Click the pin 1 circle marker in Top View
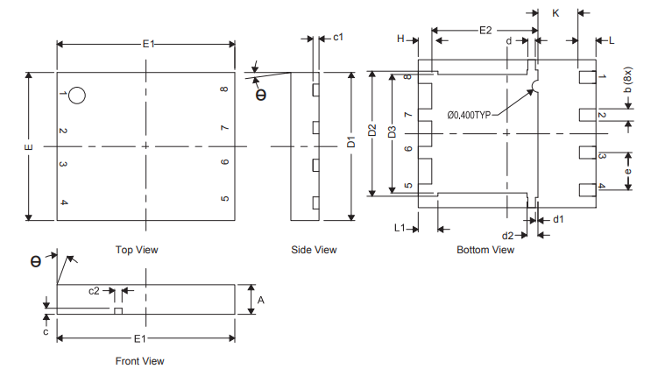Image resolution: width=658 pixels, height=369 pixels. coord(77,96)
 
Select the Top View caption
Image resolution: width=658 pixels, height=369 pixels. coord(137,250)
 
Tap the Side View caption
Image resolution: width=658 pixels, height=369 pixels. coord(314,250)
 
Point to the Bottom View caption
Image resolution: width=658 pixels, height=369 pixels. coord(485,250)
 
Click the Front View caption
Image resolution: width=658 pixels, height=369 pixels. coord(139,360)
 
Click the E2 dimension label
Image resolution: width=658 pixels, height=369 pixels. coord(485,30)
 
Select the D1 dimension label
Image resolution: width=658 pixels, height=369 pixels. coord(350,141)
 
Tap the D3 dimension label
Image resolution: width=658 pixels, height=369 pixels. coord(392,133)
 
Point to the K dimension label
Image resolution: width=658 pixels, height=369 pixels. coord(555,13)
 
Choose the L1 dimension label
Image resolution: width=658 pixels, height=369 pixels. coord(400,228)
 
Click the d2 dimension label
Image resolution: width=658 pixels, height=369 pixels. coord(507,236)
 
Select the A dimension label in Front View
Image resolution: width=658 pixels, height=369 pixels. coord(260,300)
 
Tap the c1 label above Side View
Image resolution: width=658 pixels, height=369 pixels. coord(338,37)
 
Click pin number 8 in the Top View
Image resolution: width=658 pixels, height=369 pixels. coord(225,90)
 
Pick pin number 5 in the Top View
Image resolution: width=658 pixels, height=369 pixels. coord(225,199)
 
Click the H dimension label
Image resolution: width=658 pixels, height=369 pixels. coord(400,39)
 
